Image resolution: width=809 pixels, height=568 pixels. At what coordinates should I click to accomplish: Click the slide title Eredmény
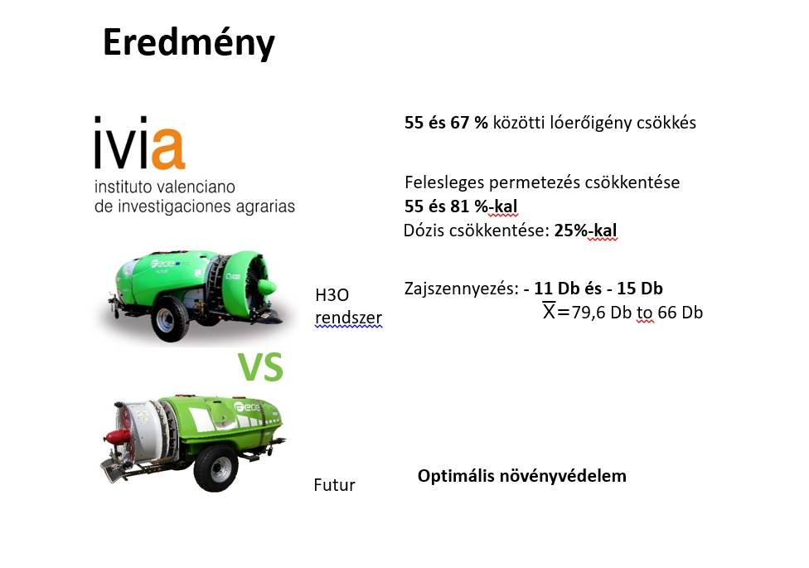[x=189, y=43]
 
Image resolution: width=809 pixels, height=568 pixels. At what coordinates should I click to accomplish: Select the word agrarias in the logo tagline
[x=265, y=206]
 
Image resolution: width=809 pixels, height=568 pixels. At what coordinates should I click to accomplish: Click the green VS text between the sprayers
[x=260, y=367]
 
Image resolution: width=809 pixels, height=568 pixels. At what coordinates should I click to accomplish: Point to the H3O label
[x=332, y=295]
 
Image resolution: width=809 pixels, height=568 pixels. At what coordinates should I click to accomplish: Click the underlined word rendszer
[x=348, y=318]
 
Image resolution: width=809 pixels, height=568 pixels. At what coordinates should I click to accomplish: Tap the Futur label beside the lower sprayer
[x=334, y=485]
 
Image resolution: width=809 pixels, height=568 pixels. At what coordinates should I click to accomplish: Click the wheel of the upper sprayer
[x=169, y=319]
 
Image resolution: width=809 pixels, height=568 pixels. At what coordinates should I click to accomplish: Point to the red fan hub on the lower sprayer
[x=117, y=437]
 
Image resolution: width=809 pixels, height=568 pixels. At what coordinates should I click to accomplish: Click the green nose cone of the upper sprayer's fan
[x=266, y=287]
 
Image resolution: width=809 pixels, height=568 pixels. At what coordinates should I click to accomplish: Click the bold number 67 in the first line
[x=460, y=123]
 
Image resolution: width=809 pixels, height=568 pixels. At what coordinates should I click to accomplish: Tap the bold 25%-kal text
[x=585, y=231]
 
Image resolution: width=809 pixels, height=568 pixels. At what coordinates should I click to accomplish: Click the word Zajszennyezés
[x=461, y=288]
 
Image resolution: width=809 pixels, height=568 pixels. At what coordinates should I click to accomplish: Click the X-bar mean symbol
[x=549, y=310]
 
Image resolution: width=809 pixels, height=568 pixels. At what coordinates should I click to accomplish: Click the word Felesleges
[x=444, y=182]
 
